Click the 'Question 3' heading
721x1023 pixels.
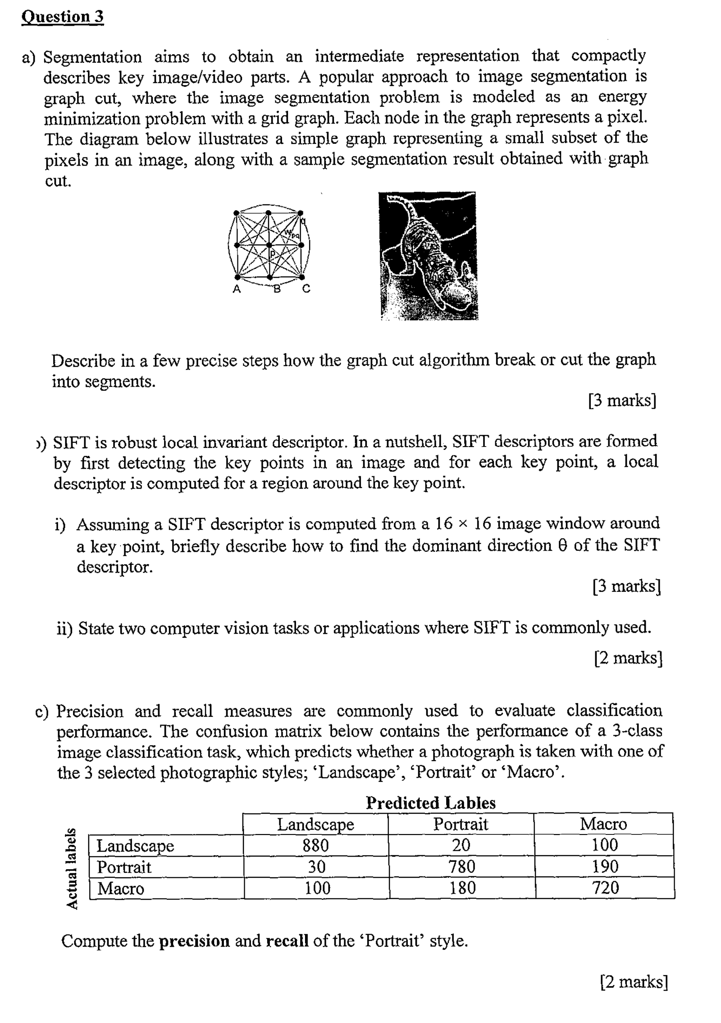63,17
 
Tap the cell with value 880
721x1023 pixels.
315,845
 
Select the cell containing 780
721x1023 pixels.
461,866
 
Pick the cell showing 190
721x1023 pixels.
605,866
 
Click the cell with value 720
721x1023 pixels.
605,888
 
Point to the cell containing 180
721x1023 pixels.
462,888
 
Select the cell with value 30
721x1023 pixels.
316,866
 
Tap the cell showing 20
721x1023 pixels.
461,845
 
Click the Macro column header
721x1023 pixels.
603,824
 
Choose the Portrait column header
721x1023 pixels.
461,824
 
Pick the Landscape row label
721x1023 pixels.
135,845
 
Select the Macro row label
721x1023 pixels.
121,888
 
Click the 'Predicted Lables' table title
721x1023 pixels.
430,803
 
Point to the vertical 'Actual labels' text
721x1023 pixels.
71,867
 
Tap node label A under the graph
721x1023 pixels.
236,290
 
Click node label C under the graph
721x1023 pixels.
306,289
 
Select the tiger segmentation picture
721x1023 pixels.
428,256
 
